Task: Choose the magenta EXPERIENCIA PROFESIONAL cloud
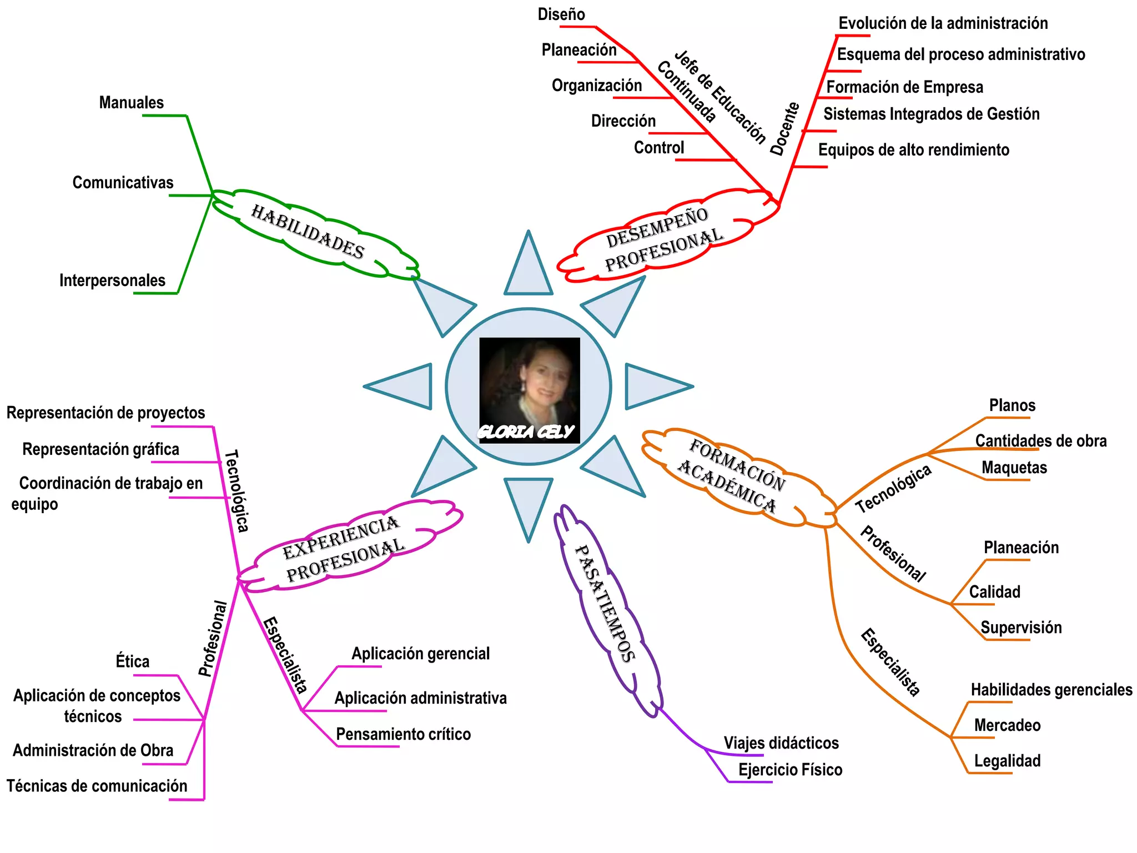(344, 548)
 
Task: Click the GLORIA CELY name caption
(526, 432)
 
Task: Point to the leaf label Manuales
(132, 103)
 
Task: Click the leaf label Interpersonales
(112, 280)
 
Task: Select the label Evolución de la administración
(943, 23)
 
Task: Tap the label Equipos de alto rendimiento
(913, 150)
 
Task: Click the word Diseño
(561, 14)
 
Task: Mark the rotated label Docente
(784, 129)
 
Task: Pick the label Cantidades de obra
(1040, 441)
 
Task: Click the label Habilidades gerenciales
(1051, 690)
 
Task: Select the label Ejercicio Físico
(790, 770)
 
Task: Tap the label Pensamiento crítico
(403, 734)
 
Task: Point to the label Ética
(133, 661)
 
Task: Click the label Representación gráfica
(100, 449)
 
